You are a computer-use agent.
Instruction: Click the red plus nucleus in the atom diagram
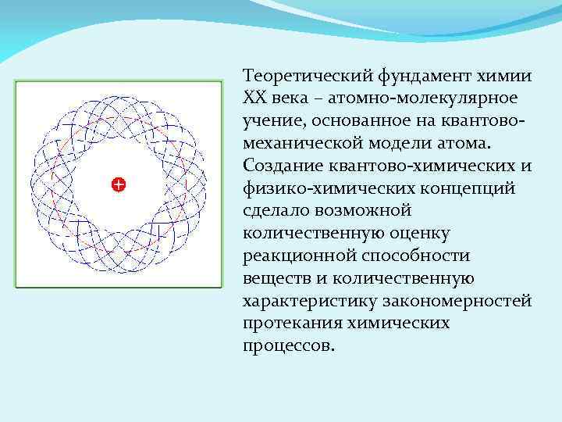pyautogui.click(x=118, y=184)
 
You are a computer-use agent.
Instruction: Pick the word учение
pyautogui.click(x=270, y=123)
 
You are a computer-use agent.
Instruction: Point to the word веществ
pyautogui.click(x=275, y=279)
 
